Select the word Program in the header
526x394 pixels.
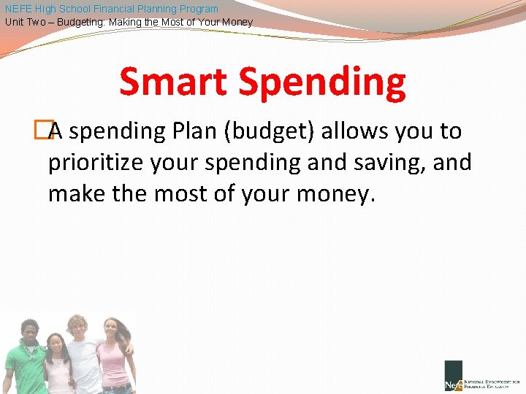tap(198, 9)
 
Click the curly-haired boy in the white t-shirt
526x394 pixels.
tap(81, 354)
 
